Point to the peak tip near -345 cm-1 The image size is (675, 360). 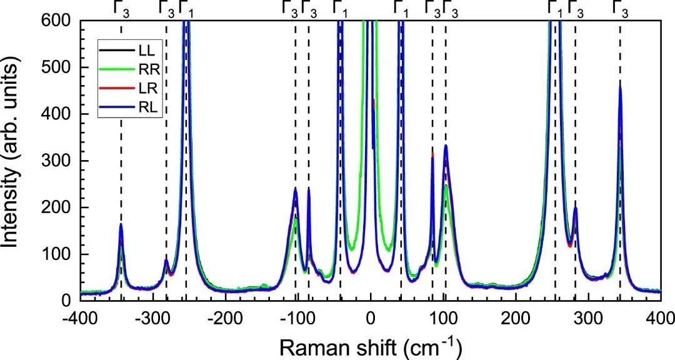(x=121, y=224)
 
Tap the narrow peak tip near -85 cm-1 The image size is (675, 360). (x=309, y=189)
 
